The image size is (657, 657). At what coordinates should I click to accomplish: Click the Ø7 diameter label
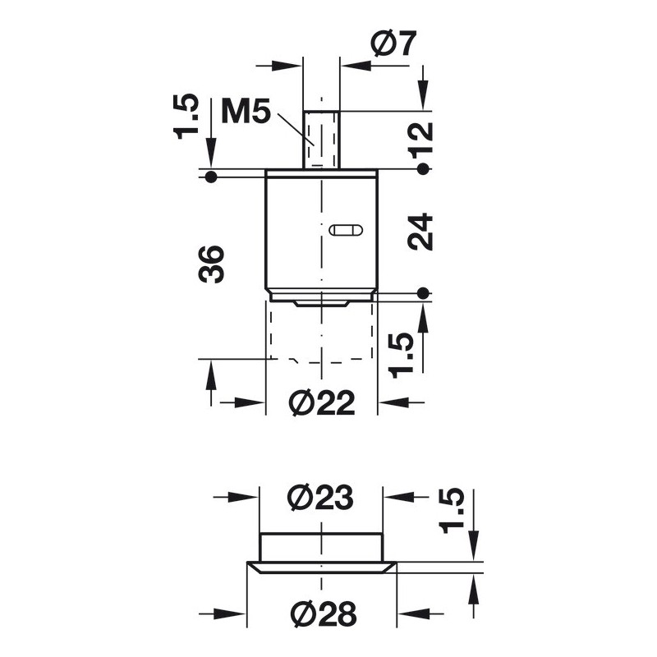click(x=394, y=43)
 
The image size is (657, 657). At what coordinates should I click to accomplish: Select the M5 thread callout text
click(x=246, y=111)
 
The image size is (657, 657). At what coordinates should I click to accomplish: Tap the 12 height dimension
click(x=421, y=140)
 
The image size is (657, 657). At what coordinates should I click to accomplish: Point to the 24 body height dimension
click(x=420, y=232)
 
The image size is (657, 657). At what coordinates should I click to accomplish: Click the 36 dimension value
click(x=211, y=264)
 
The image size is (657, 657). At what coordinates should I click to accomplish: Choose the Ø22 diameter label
click(x=322, y=402)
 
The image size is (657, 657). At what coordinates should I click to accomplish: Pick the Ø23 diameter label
click(x=321, y=498)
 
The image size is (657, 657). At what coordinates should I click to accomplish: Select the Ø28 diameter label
click(x=323, y=613)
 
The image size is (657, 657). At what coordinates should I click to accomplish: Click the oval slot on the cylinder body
click(x=346, y=230)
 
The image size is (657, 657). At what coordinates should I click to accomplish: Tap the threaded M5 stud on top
click(x=321, y=140)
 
